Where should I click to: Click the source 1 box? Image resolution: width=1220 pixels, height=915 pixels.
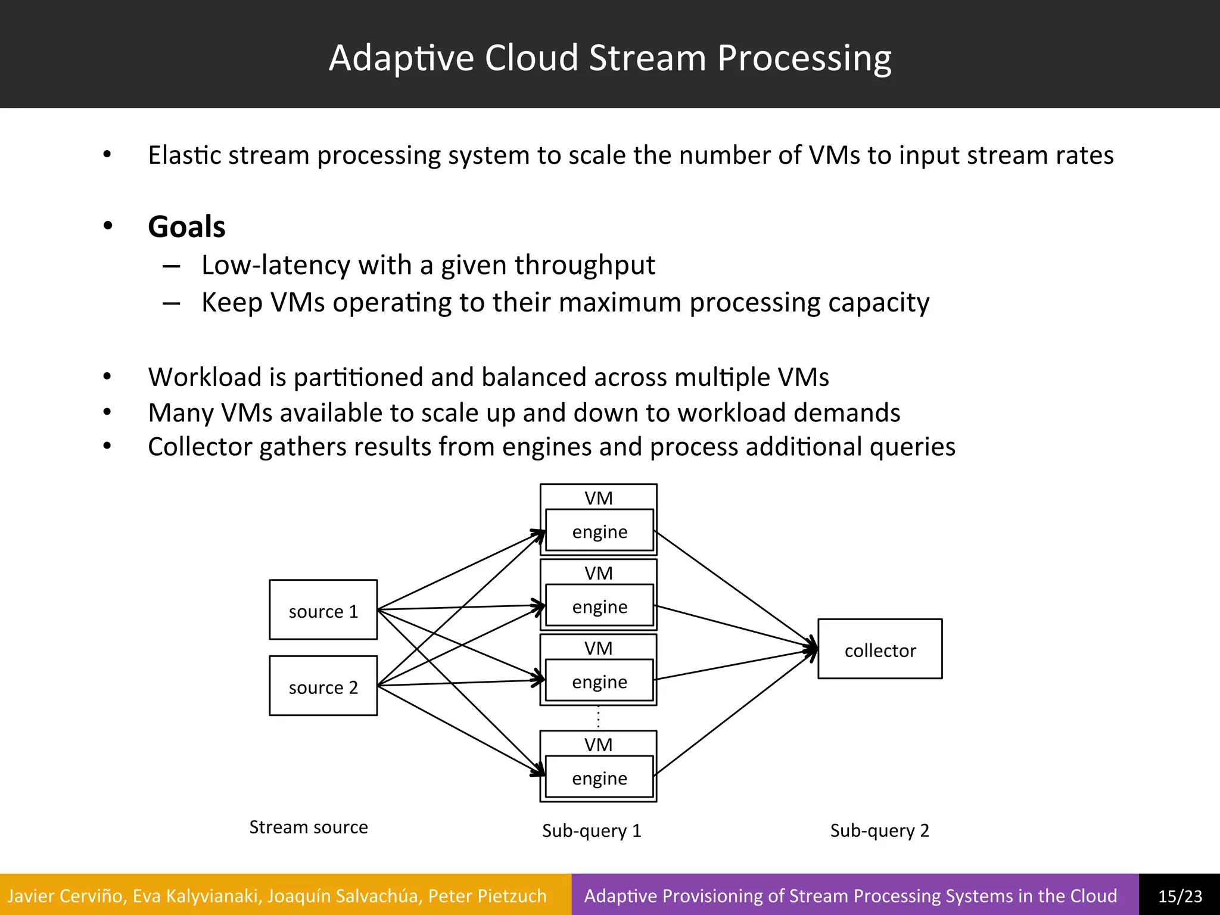click(x=323, y=609)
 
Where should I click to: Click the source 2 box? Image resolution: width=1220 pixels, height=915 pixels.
click(x=323, y=686)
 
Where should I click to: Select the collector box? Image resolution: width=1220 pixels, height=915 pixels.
click(x=880, y=649)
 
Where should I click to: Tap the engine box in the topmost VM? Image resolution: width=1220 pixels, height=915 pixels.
click(x=599, y=531)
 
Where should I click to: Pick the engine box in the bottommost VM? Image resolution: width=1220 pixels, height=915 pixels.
click(x=599, y=777)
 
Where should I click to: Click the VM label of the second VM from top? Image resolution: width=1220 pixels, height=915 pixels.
click(x=598, y=573)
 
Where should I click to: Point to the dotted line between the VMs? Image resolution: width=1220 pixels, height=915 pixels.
click(x=598, y=718)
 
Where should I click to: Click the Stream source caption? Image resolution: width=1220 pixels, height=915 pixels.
click(x=308, y=827)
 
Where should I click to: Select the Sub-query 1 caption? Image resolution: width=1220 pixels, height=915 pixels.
click(x=592, y=830)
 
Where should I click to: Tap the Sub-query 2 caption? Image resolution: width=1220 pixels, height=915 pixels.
click(x=879, y=830)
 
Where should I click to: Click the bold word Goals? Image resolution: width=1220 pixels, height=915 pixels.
click(x=186, y=227)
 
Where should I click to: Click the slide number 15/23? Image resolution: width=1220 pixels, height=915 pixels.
click(x=1179, y=896)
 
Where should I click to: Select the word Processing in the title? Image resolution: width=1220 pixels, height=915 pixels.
click(x=804, y=58)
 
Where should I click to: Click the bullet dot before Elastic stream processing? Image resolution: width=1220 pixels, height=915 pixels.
click(x=107, y=155)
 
